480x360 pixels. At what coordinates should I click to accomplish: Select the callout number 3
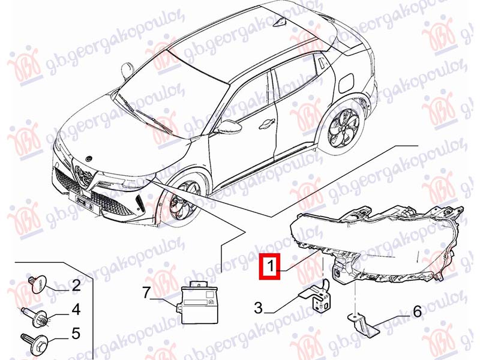[x=259, y=307]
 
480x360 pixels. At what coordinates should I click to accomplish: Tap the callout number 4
[x=76, y=309]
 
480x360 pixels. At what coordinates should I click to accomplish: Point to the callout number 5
[x=76, y=334]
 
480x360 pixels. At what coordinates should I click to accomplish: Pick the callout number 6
[x=417, y=312]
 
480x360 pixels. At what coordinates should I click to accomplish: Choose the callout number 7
[x=146, y=293]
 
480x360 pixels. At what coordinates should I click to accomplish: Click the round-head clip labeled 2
[x=38, y=284]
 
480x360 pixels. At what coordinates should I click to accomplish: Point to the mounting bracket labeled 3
[x=316, y=295]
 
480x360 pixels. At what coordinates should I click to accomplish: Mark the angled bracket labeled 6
[x=364, y=325]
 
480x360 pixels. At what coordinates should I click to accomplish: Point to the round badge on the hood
[x=88, y=158]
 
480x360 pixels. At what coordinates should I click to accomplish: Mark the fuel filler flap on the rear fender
[x=346, y=83]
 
